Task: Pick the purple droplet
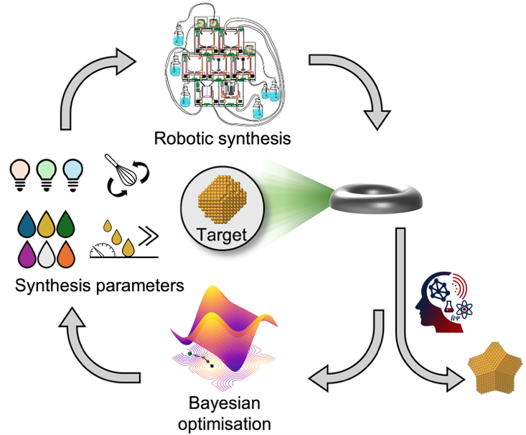[x=27, y=254]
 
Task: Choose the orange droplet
[x=66, y=254]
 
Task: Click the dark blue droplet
[x=27, y=224]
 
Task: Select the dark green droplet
[x=66, y=224]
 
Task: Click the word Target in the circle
[x=222, y=234]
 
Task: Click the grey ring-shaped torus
[x=376, y=198]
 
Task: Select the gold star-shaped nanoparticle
[x=495, y=367]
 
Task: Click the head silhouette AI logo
[x=443, y=303]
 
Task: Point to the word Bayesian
[x=225, y=403]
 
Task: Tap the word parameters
[x=140, y=286]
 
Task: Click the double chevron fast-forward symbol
[x=149, y=235]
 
